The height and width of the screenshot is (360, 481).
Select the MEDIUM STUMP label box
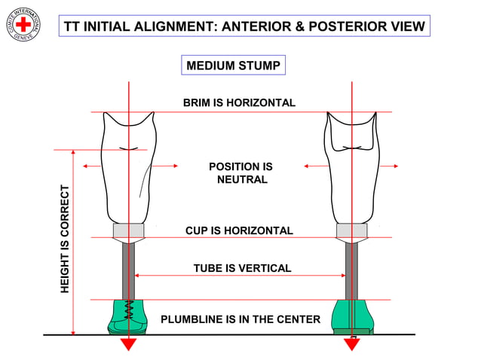233,66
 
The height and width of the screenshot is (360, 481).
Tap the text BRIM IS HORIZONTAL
239,102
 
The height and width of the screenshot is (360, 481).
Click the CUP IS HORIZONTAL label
239,230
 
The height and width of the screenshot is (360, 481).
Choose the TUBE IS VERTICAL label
242,268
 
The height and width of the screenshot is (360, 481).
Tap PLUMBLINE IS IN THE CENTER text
240,319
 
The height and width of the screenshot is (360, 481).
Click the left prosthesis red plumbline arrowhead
129,343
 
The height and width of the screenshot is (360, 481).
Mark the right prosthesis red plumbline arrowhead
352,343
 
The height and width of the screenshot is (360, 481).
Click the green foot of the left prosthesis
127,316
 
